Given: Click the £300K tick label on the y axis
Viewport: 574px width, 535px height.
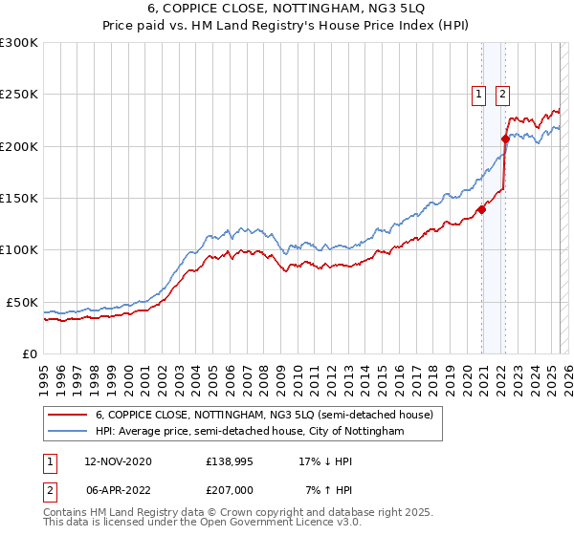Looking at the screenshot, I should [19, 43].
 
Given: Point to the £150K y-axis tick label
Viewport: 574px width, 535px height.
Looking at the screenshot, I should [19, 198].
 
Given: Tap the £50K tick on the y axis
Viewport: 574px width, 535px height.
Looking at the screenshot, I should [23, 302].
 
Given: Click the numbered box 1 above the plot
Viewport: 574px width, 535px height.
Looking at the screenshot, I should [477, 94].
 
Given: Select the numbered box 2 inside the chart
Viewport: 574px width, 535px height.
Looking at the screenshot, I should [502, 94].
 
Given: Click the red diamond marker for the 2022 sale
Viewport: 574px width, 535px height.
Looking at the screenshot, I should [505, 139].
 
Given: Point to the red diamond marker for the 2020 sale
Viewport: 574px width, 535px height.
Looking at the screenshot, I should [481, 210].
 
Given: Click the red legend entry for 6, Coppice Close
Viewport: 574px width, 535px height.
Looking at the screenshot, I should [264, 415].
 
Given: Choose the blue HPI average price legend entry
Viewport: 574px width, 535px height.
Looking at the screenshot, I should [250, 432].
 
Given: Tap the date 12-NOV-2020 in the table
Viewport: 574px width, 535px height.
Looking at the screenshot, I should [119, 461].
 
